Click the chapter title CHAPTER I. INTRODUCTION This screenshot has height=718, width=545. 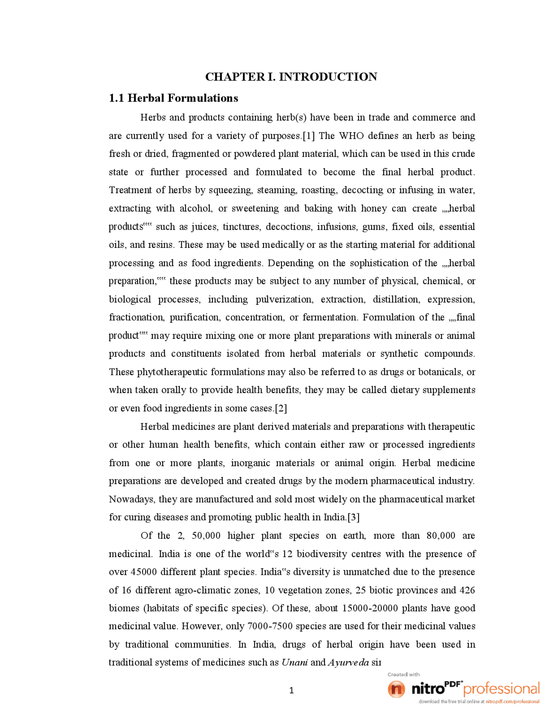coord(291,77)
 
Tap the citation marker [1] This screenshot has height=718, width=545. coord(309,136)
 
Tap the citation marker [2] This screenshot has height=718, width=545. coord(281,408)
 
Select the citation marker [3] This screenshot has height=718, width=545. coord(353,517)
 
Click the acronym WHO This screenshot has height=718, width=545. coord(351,136)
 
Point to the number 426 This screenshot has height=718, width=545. coord(467,590)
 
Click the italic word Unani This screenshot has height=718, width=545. coord(294,663)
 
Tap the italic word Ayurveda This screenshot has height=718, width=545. coord(348,663)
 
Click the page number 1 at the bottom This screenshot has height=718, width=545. coord(291,691)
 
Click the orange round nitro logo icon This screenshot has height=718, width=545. coord(396,689)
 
